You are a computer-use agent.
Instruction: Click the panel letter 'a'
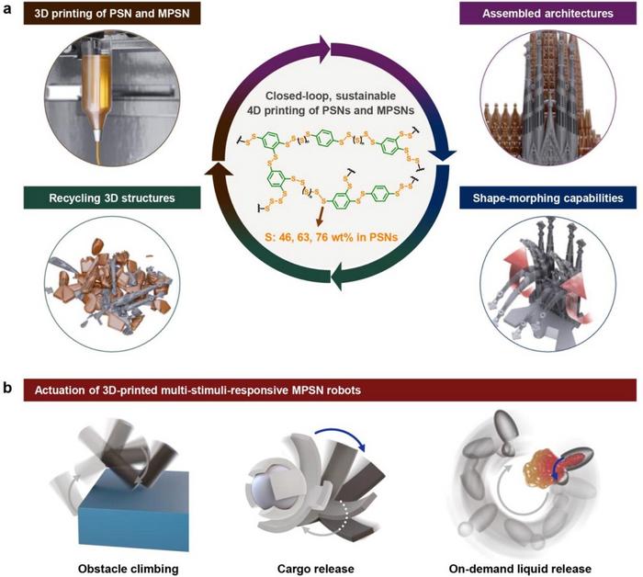click(x=8, y=8)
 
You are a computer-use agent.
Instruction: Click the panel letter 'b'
click(x=8, y=390)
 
